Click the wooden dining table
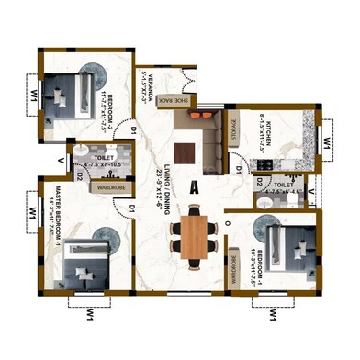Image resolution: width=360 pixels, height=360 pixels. click(x=195, y=235)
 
